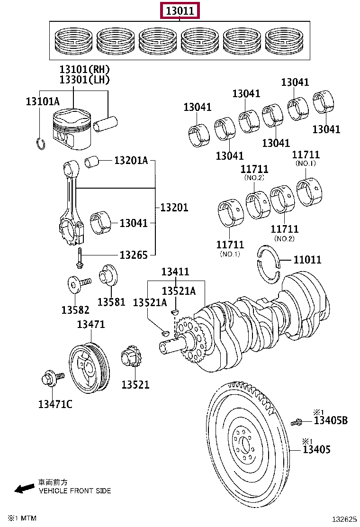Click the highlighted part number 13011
point(180,10)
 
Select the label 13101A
point(43,101)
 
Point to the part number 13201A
point(131,161)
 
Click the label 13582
point(75,309)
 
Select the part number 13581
point(111,302)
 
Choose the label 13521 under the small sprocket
point(135,384)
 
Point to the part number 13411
point(175,272)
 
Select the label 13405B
point(331,420)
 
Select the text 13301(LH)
point(84,80)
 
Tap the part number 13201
point(174,207)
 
